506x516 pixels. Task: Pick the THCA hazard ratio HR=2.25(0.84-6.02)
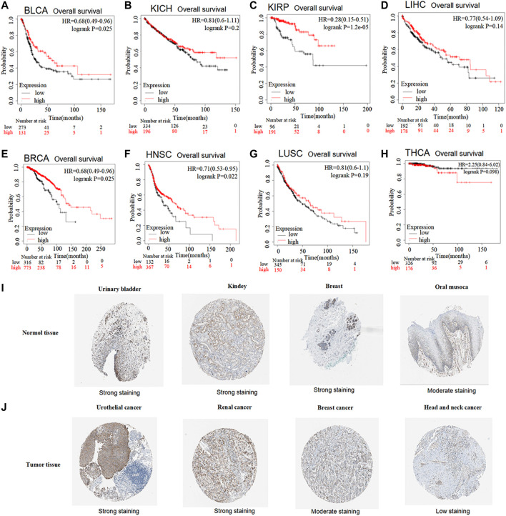pyautogui.click(x=465, y=164)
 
